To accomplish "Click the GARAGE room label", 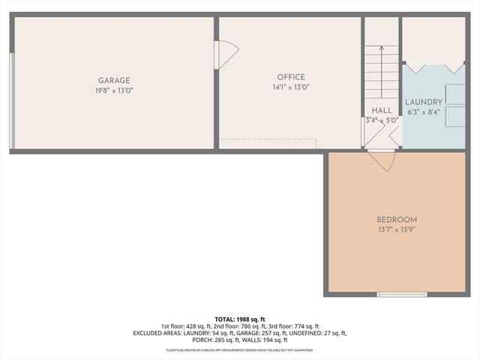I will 114,80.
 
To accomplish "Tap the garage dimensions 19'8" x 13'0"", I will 114,91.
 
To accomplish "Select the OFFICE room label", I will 291,76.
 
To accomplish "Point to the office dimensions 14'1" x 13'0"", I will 291,87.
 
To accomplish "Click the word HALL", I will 382,110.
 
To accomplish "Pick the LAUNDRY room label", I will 424,102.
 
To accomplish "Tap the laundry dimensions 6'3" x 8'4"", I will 424,112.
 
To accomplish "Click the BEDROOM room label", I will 396,220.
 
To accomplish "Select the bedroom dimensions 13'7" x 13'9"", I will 396,229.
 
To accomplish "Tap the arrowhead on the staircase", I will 381,49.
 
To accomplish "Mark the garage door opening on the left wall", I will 12,101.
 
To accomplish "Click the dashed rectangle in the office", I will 268,142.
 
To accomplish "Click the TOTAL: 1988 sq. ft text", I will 240,319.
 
